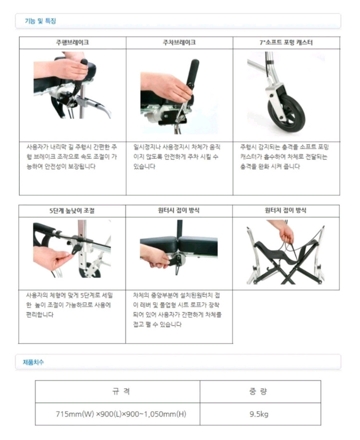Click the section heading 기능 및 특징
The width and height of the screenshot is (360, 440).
[x=40, y=21]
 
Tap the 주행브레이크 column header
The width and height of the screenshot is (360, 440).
[x=72, y=43]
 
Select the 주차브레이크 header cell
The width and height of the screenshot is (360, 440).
[x=179, y=43]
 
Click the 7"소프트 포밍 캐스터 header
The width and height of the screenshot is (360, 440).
[x=286, y=43]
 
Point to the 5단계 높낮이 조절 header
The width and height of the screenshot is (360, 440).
[x=72, y=210]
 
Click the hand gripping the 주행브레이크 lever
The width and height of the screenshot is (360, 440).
[x=67, y=69]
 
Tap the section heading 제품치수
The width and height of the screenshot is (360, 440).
[x=33, y=362]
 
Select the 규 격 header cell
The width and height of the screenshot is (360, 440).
[x=118, y=391]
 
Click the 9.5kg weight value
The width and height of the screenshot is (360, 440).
[x=259, y=414]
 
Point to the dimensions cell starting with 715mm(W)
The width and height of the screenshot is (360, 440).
[x=118, y=414]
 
